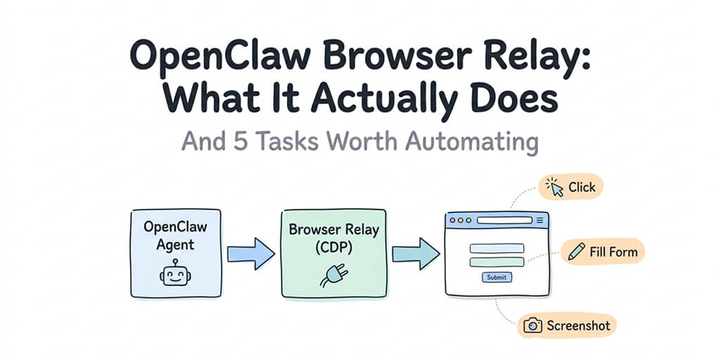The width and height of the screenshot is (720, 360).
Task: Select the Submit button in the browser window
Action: (496, 277)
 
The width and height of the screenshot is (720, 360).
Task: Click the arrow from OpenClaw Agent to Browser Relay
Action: (251, 252)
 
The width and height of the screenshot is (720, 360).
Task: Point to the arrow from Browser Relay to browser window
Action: (416, 252)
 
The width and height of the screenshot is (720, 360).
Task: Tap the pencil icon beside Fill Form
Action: (576, 251)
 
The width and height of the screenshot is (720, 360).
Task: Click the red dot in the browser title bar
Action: (452, 221)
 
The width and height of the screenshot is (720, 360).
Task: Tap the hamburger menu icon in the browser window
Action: (540, 221)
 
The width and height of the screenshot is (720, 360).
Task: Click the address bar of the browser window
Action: (504, 221)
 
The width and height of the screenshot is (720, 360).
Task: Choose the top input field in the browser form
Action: (496, 248)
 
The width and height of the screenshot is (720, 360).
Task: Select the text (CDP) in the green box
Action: (333, 247)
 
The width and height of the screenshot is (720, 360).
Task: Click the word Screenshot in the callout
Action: (578, 326)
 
